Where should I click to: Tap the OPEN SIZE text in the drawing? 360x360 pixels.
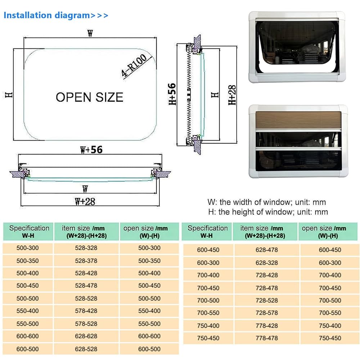click(x=89, y=97)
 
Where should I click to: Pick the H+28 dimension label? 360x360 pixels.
click(x=233, y=95)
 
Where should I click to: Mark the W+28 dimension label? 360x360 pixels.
click(x=85, y=201)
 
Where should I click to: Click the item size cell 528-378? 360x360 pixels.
click(x=86, y=261)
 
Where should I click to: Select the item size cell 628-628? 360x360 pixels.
click(x=86, y=336)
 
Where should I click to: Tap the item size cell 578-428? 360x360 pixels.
click(x=86, y=311)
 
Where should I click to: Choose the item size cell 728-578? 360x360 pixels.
click(x=267, y=313)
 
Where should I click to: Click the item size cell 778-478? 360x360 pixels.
click(x=267, y=338)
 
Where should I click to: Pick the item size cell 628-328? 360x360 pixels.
click(x=267, y=263)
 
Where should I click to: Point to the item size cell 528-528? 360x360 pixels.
click(x=86, y=298)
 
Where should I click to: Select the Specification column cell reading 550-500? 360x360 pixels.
click(x=28, y=324)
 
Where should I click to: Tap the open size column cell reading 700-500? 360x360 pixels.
click(x=330, y=300)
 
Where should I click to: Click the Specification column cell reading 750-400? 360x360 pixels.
click(x=208, y=325)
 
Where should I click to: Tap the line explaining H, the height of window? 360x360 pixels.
click(x=268, y=212)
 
